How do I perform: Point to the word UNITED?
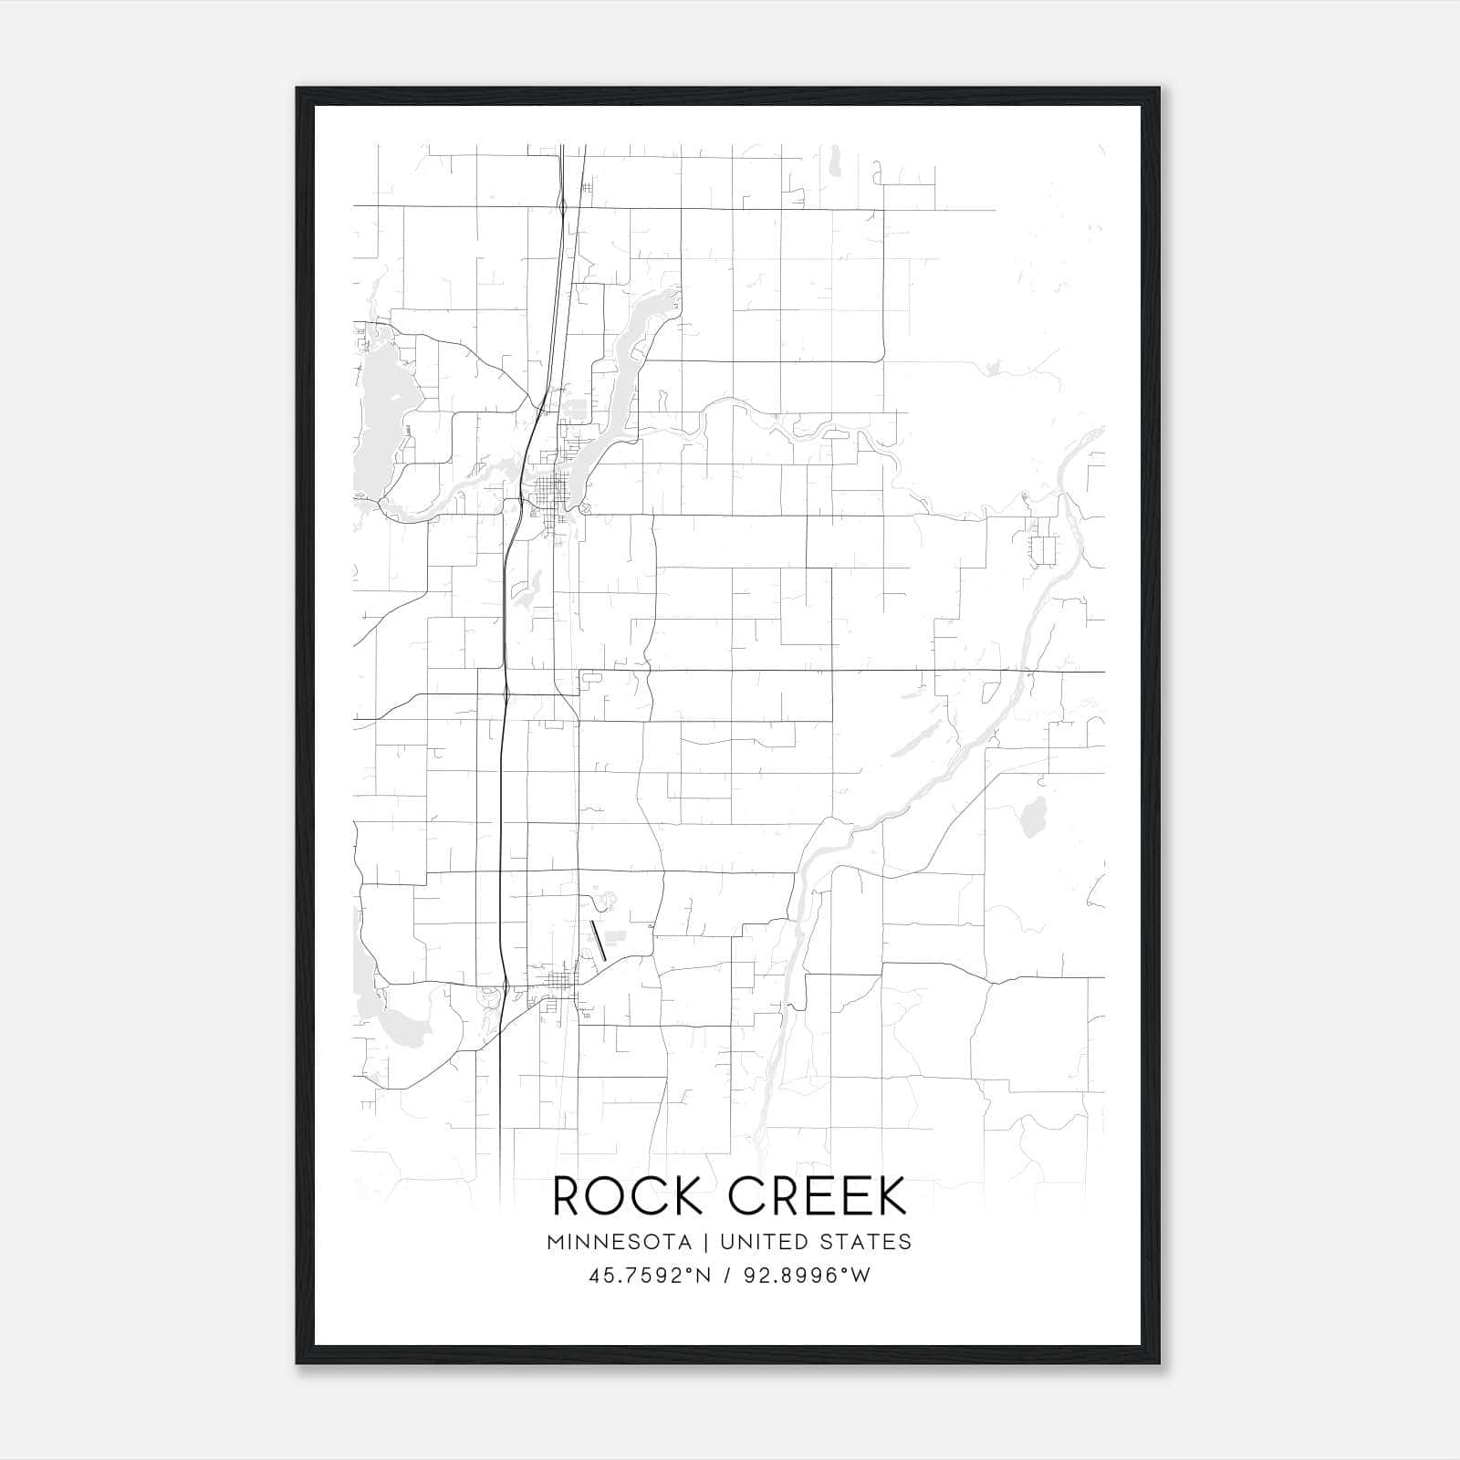763,1242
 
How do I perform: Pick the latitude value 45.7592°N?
649,1276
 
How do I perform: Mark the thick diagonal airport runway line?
599,941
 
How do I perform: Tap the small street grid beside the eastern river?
1042,545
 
